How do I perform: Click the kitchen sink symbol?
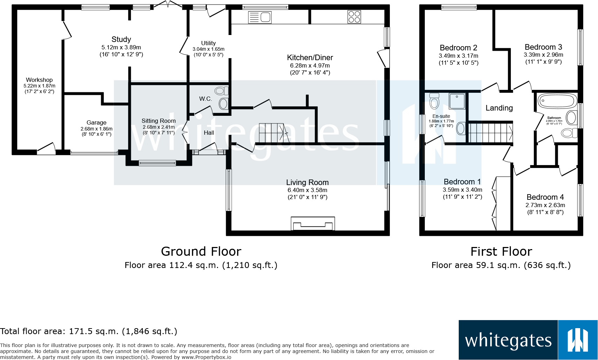pos(260,17)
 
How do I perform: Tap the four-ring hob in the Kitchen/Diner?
pos(354,16)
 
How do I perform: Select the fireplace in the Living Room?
pos(312,224)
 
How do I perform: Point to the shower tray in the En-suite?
pos(457,101)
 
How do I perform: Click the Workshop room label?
pos(39,80)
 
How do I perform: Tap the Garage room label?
pos(96,122)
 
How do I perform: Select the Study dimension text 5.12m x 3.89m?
pos(121,48)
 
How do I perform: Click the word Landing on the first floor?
pos(499,108)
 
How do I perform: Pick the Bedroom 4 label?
pos(545,197)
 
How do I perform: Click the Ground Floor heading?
pos(201,252)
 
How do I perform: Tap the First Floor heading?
pos(501,252)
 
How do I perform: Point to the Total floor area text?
pos(89,331)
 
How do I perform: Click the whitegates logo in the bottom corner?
pos(528,340)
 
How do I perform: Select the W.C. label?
pos(205,99)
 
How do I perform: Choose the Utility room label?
pos(208,43)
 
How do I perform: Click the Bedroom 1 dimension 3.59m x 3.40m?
pos(462,190)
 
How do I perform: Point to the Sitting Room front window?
pos(157,163)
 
